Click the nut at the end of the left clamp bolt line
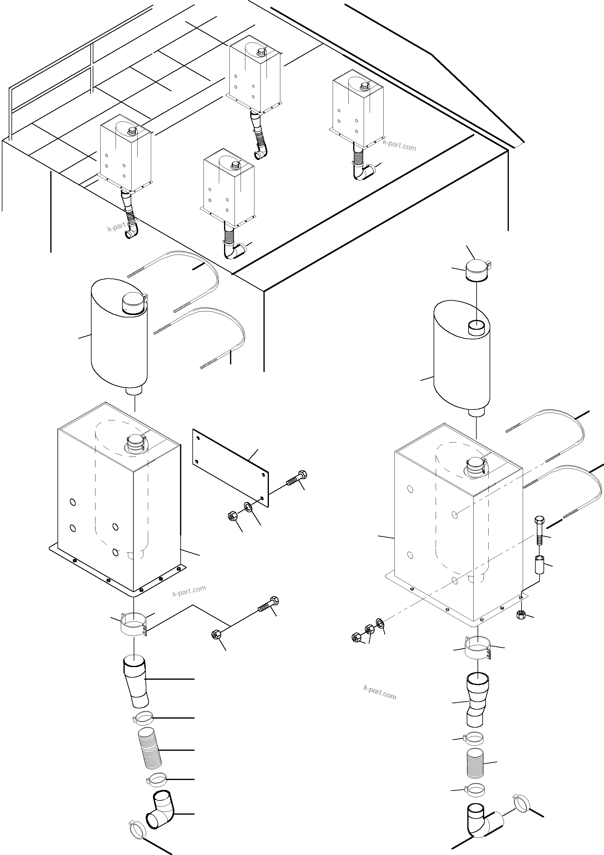click(x=216, y=634)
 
